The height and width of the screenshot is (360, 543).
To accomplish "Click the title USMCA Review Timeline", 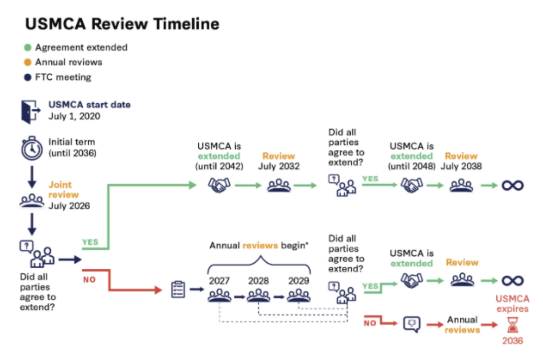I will (x=122, y=24).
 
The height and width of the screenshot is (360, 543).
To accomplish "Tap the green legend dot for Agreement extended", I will (x=28, y=47).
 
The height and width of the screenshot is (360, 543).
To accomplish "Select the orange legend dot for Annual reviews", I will (x=28, y=62).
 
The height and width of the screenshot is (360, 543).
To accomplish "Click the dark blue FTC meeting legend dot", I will (x=28, y=78).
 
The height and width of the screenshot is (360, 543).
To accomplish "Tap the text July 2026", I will (x=69, y=206).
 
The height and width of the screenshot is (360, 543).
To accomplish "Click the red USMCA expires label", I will (x=512, y=304).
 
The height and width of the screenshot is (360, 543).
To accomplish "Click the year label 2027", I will (x=219, y=281).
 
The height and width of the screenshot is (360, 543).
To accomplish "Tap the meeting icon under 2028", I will (x=259, y=295).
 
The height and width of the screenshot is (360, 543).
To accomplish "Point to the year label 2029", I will (x=299, y=281).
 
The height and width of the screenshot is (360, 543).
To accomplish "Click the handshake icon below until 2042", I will (x=219, y=185).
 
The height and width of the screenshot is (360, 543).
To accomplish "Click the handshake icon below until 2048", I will (x=412, y=185).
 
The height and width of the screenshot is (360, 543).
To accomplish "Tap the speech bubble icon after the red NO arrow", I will (x=412, y=323).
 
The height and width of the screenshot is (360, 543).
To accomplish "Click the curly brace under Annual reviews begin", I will (x=259, y=264).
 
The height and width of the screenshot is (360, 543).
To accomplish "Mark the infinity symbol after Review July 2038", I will (x=512, y=186).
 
